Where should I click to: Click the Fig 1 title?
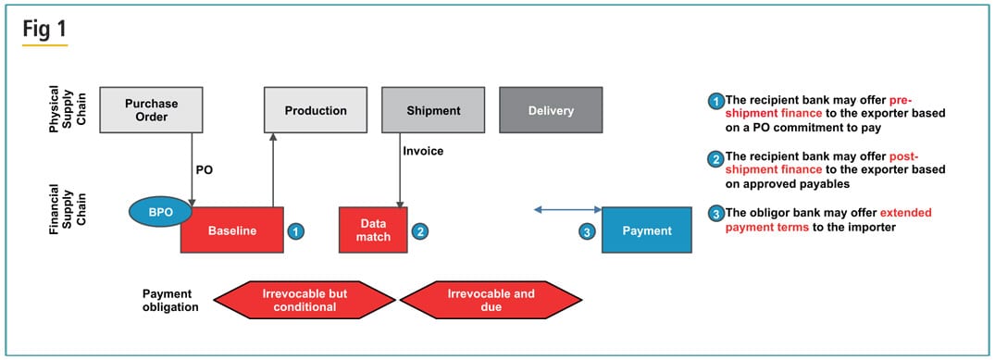[44, 29]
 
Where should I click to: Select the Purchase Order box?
[151, 110]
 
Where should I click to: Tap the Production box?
[315, 110]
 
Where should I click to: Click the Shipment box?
[433, 110]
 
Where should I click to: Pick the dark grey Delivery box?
[551, 110]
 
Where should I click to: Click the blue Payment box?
[647, 230]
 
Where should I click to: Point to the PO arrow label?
[205, 171]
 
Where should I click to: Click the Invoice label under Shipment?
[423, 151]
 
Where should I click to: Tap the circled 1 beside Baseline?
[294, 231]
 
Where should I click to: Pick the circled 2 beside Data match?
[419, 231]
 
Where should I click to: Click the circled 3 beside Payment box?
[586, 231]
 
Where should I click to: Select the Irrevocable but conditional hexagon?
[305, 300]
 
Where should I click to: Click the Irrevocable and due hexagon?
[491, 300]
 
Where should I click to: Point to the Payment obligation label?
[170, 300]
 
